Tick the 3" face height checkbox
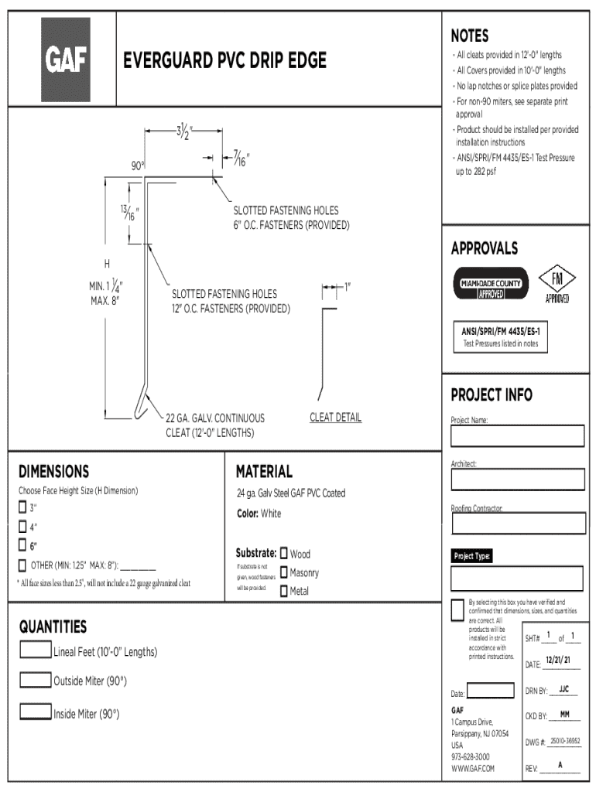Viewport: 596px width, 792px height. tap(22, 508)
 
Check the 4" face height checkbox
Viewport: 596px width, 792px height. tap(22, 527)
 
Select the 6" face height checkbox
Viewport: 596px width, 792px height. tap(22, 545)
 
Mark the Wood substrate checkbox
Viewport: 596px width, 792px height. tap(284, 553)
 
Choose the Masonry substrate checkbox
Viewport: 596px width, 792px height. tap(284, 572)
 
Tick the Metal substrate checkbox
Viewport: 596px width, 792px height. tap(284, 591)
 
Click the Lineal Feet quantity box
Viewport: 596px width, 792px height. tap(36, 650)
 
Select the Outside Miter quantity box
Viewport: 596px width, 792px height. tap(36, 680)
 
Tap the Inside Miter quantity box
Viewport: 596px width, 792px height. tap(36, 712)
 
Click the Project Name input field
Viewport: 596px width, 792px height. tap(518, 436)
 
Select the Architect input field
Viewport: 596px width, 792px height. tap(518, 480)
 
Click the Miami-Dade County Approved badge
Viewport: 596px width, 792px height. tap(490, 283)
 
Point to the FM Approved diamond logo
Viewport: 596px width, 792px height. tap(557, 282)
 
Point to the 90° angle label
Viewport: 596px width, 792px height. tap(138, 166)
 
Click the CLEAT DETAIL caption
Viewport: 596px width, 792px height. tap(335, 418)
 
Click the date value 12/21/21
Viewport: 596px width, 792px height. tap(558, 661)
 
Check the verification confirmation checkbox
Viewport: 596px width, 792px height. tap(457, 609)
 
